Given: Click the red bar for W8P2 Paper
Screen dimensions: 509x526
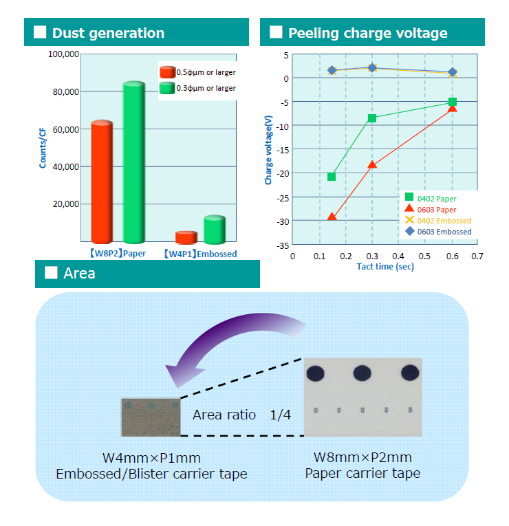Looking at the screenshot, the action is (x=102, y=182).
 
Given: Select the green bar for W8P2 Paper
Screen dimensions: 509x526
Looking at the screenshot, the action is (x=134, y=162).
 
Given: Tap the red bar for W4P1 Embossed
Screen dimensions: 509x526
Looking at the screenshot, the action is (x=186, y=237).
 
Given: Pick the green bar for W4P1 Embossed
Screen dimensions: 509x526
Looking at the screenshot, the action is (x=215, y=230).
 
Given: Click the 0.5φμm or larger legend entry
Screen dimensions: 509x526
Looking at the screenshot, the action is (x=197, y=72).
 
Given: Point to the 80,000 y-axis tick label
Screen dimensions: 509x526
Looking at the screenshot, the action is (x=66, y=92).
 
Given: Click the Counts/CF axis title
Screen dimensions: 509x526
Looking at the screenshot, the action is (x=43, y=148).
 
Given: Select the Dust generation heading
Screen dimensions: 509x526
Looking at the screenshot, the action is (x=108, y=33).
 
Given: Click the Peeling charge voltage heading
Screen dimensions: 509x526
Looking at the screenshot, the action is (x=368, y=33).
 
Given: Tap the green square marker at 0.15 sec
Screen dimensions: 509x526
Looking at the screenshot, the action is (x=332, y=177).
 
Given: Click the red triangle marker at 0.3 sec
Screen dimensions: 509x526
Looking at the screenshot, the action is (x=371, y=164).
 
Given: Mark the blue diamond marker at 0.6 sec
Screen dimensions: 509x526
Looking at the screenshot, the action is (x=453, y=72).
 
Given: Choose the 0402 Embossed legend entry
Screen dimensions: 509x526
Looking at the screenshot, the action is (x=438, y=221).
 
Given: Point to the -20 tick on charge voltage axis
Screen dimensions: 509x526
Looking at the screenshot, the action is (x=283, y=174).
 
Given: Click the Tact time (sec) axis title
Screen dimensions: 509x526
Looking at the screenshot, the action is (x=385, y=267).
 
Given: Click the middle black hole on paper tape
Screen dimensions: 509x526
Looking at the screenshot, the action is (x=362, y=373).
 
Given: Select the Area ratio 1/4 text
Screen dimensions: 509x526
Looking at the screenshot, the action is (x=241, y=415).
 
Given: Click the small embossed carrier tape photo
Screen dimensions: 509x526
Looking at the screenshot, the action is (x=151, y=417).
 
